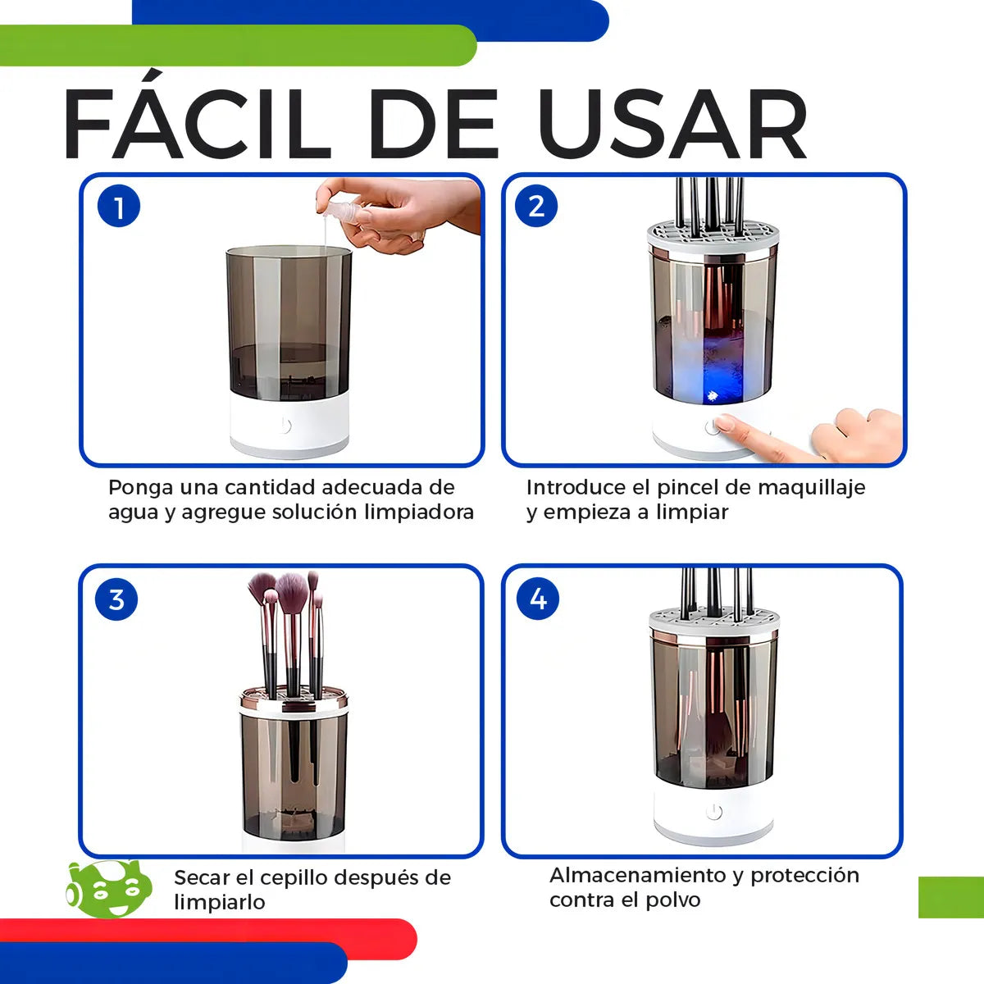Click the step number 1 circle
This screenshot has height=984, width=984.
point(119,207)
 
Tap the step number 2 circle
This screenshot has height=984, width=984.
point(536,205)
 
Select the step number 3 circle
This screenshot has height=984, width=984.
point(116,599)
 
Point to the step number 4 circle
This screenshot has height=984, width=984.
point(538,599)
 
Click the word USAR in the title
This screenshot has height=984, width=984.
point(672,125)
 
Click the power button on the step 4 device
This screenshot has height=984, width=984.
point(714,812)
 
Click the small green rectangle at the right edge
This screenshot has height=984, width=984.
point(950,897)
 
